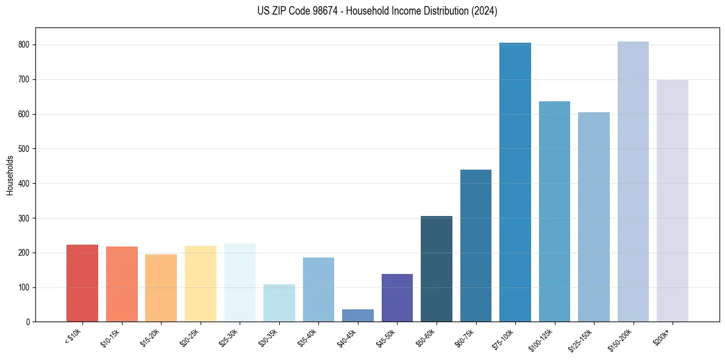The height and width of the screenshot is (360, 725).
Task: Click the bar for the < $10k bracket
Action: coord(82,283)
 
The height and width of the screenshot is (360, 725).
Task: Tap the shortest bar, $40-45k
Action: coord(358,315)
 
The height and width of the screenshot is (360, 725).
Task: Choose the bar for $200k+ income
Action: coord(673,201)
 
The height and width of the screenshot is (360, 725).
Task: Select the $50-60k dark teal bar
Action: coord(437,268)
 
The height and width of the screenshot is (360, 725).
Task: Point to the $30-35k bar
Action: coord(279,303)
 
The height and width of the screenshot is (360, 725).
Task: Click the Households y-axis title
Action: coord(10,175)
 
